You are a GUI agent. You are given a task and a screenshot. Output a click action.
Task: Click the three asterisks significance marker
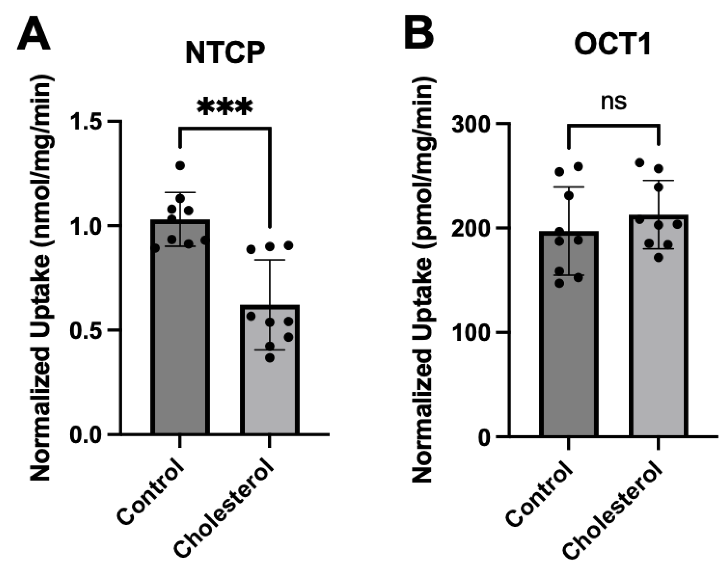coord(225,107)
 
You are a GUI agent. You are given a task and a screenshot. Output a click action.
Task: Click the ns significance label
coord(614,102)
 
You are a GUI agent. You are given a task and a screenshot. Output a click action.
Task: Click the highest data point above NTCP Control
coord(180,166)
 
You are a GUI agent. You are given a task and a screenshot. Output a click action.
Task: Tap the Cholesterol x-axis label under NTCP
coord(225,511)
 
